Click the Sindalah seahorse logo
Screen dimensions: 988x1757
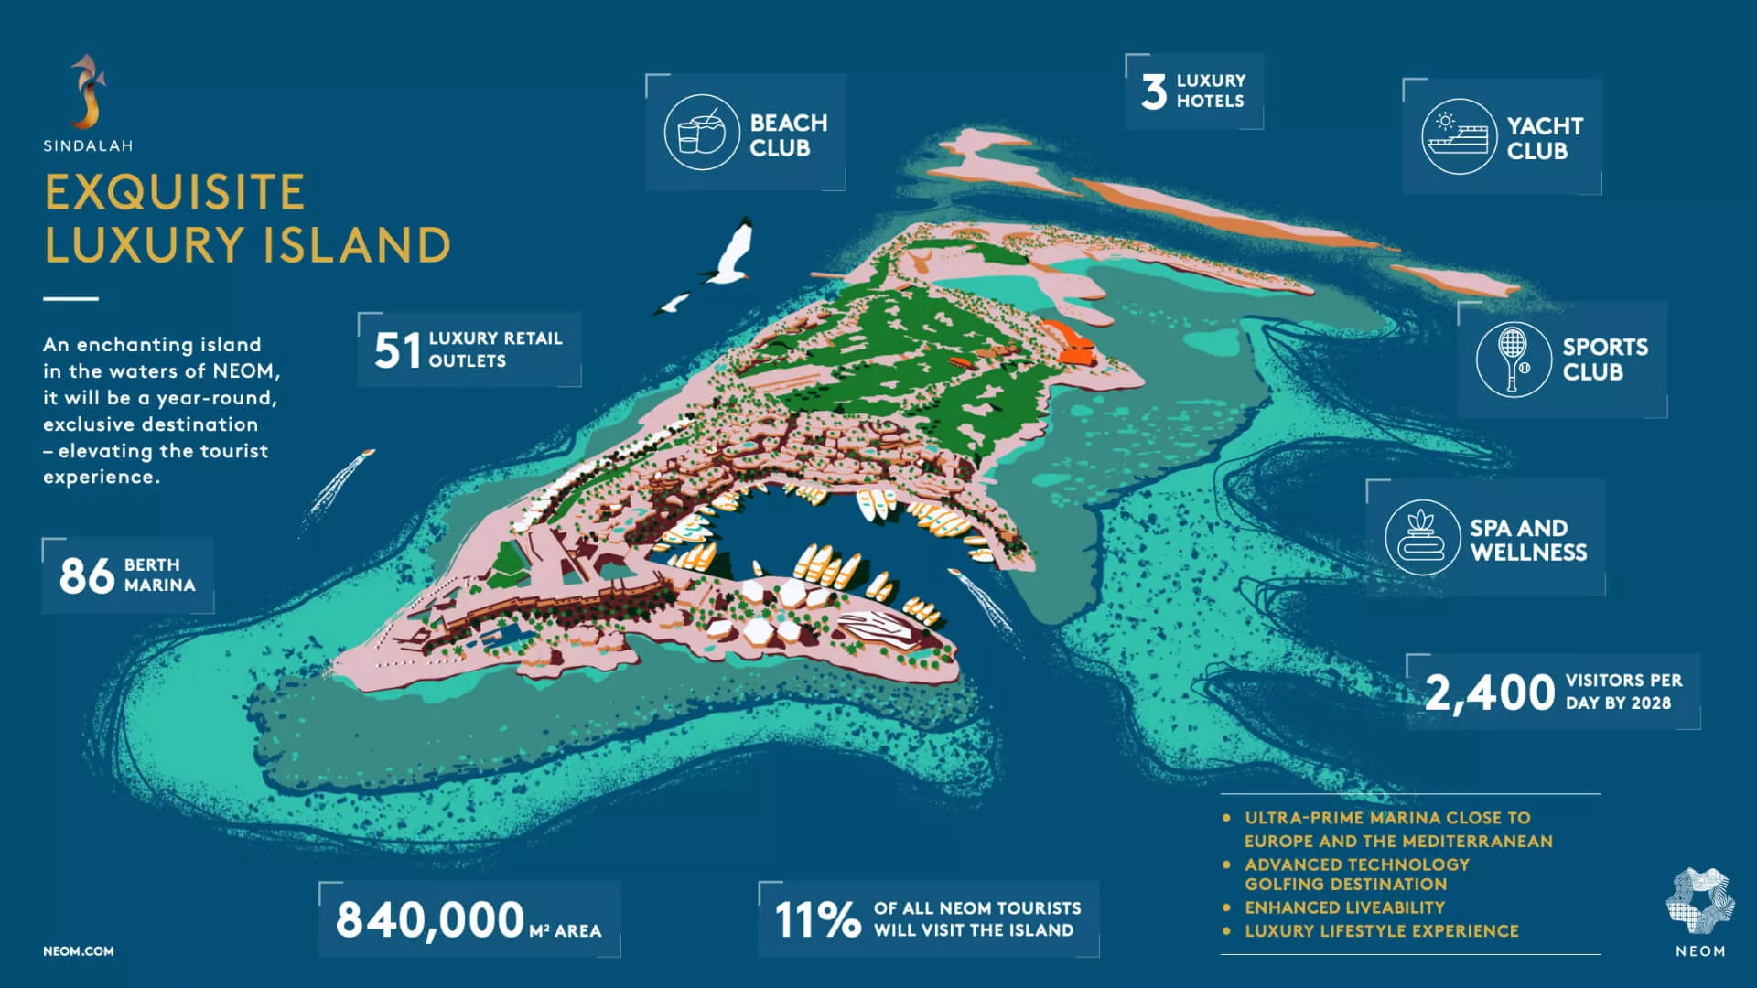tap(88, 91)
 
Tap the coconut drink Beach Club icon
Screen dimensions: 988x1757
tap(701, 133)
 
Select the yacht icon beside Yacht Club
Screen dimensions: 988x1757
tap(1459, 137)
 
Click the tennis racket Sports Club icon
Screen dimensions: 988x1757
tap(1513, 359)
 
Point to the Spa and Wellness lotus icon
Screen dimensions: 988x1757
tap(1421, 538)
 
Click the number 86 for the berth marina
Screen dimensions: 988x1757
tap(87, 576)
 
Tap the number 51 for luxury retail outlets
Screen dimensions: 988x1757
tap(397, 350)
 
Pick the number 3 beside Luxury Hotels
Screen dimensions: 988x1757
tap(1154, 91)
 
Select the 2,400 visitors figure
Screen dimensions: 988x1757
tap(1489, 693)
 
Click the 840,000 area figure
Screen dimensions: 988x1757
tap(430, 920)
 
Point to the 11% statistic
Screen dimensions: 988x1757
tap(817, 920)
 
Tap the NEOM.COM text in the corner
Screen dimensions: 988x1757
tap(79, 951)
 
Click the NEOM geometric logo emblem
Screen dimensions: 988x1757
tap(1699, 901)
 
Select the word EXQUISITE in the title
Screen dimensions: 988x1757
tap(175, 192)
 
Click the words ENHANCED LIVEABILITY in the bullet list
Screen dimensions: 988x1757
tap(1344, 907)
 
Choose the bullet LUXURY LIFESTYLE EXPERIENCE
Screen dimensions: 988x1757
tap(1381, 931)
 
